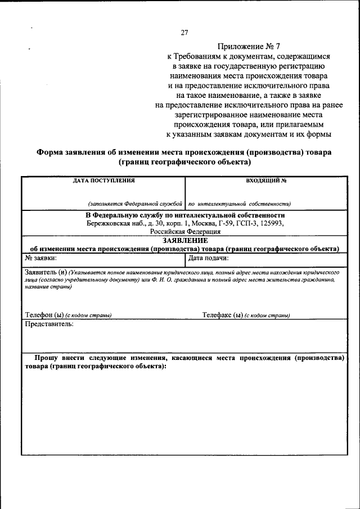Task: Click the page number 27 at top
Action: point(184,32)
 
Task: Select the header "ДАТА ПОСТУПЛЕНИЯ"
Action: point(104,181)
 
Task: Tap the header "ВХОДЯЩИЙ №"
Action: point(267,181)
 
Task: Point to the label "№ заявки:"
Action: point(40,258)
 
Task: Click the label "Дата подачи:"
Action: point(208,258)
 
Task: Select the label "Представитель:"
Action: point(49,324)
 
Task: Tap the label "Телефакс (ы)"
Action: point(222,315)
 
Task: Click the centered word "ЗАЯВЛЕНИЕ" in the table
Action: point(185,240)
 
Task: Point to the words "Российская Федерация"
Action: point(185,231)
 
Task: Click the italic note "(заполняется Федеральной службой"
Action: point(136,204)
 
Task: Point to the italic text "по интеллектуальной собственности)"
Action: point(239,204)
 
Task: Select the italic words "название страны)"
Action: point(48,286)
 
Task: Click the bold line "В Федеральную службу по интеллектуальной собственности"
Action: point(185,215)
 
